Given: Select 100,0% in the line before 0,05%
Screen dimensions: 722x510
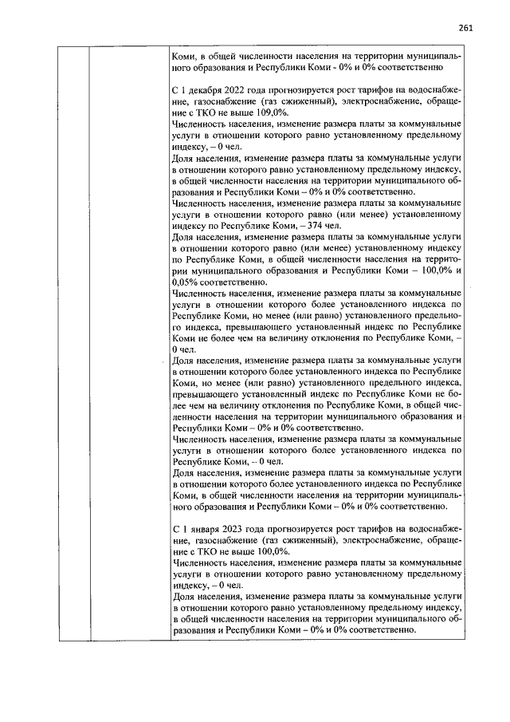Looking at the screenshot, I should coord(429,270).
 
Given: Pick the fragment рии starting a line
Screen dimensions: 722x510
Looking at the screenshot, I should coord(180,270).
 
